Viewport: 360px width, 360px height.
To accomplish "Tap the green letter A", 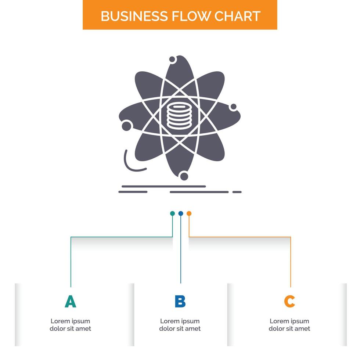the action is click(x=70, y=302).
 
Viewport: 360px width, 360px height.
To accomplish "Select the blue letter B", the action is click(x=180, y=302).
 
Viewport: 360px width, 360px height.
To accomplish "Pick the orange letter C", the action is click(x=289, y=302).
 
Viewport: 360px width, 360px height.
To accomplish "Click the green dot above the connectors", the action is click(x=172, y=213).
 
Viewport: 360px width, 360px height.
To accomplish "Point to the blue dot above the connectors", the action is click(x=180, y=213).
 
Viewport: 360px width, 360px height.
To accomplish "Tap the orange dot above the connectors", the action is click(x=189, y=213).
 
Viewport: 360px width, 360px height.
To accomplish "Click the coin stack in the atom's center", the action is click(x=179, y=117).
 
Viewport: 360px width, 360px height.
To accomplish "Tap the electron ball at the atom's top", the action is click(x=172, y=59).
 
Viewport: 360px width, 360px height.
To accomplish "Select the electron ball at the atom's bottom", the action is click(x=184, y=176).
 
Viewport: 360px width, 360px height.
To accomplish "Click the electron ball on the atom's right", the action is click(x=233, y=107).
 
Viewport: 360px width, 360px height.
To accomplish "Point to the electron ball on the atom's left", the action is click(x=127, y=125).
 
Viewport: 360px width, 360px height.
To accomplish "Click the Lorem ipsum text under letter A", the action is click(x=70, y=325).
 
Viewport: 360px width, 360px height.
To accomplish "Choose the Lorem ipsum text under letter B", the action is click(x=180, y=325).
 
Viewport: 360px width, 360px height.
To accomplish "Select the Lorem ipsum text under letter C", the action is click(x=289, y=325).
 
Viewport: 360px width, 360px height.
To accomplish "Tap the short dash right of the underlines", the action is click(x=237, y=192).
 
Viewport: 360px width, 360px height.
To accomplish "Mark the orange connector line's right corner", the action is click(x=291, y=237).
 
